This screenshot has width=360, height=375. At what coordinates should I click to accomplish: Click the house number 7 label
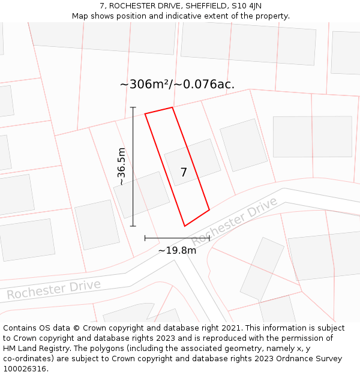click(x=184, y=172)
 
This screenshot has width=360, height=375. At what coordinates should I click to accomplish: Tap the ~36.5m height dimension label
click(x=121, y=166)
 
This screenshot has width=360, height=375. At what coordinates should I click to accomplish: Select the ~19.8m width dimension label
click(x=177, y=250)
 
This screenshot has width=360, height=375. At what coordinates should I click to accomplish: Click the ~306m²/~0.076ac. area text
click(x=177, y=84)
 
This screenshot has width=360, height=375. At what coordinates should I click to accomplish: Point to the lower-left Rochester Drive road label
click(x=53, y=289)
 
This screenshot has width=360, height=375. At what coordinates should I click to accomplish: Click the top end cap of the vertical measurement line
click(x=133, y=107)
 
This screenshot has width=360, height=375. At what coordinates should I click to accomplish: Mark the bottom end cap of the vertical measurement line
click(x=133, y=226)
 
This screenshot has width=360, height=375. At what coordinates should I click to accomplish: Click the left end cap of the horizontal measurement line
click(x=145, y=238)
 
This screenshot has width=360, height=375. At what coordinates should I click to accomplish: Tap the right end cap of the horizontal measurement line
click(x=209, y=238)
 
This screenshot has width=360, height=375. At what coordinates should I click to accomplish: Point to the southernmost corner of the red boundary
click(x=185, y=226)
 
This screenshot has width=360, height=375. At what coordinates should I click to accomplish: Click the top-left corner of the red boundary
click(x=145, y=113)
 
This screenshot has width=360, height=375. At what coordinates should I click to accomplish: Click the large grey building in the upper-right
click(x=312, y=136)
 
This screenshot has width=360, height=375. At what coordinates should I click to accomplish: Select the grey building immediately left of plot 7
click(x=142, y=194)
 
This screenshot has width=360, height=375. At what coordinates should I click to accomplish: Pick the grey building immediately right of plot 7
click(x=243, y=145)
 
